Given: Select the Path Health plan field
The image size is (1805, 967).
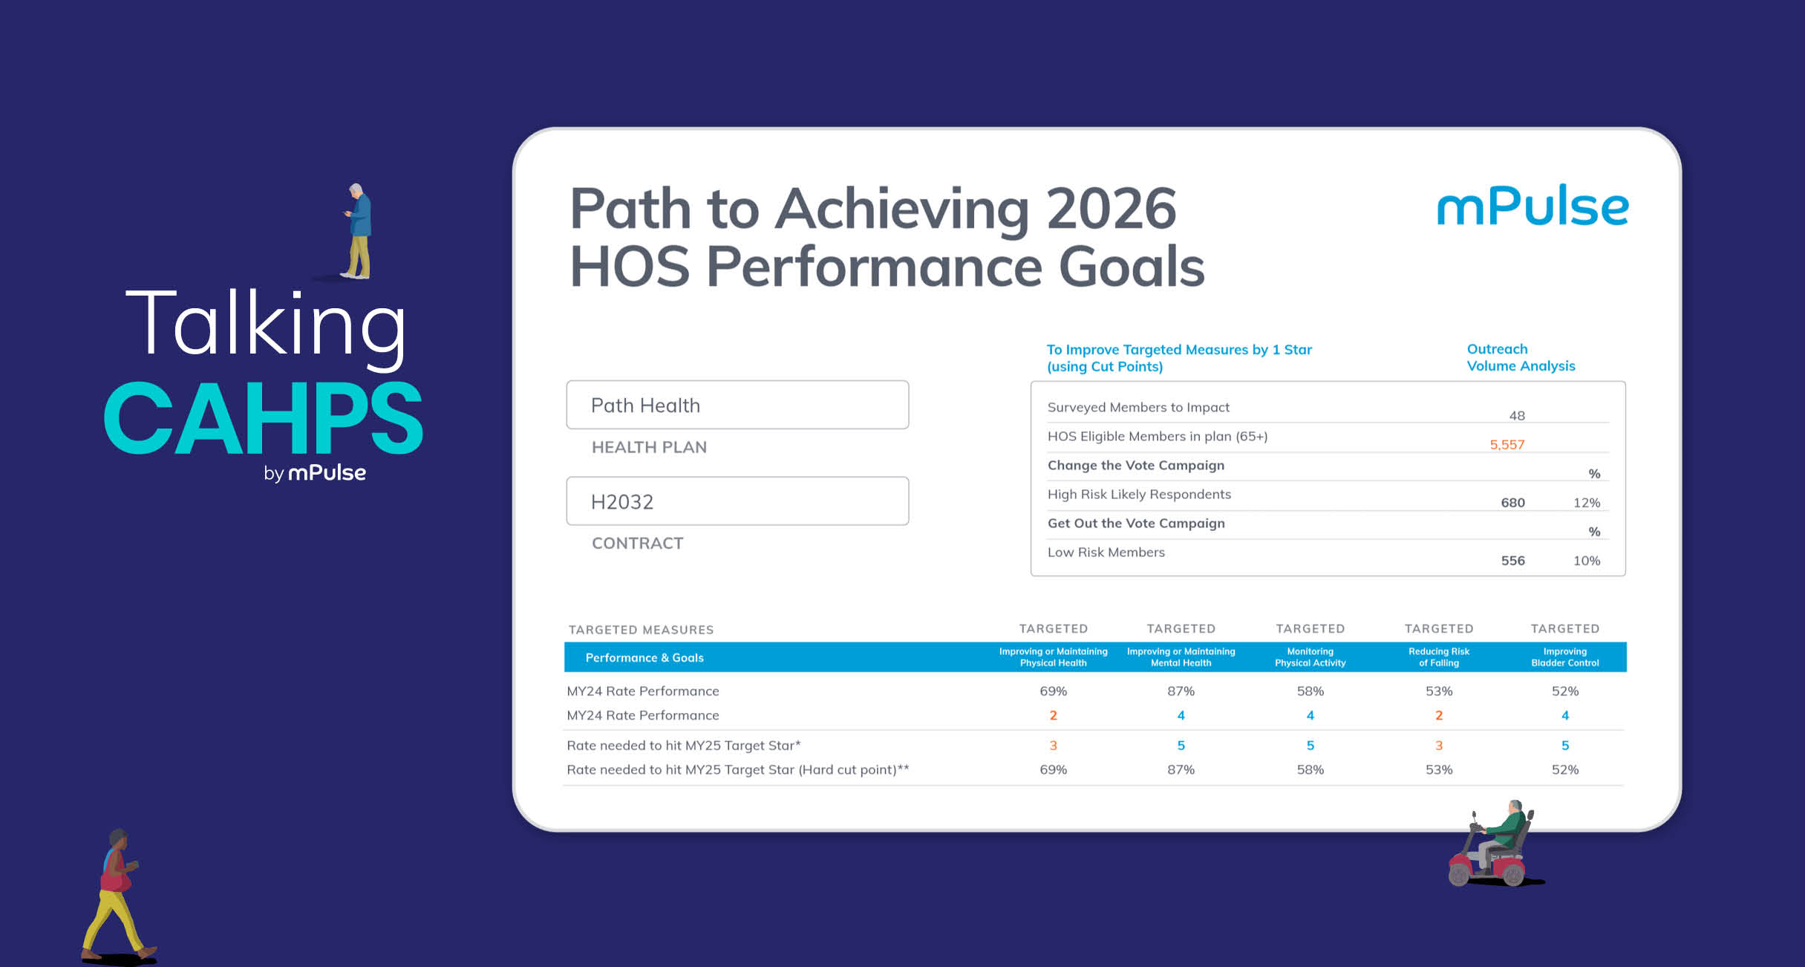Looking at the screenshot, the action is click(x=737, y=405).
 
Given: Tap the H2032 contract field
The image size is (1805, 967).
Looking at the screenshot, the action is click(x=737, y=501).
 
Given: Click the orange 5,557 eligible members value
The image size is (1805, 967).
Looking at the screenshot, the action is click(x=1507, y=445).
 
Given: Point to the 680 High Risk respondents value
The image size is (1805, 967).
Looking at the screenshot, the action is click(x=1512, y=503).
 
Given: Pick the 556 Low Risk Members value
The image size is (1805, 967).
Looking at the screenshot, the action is click(x=1512, y=561).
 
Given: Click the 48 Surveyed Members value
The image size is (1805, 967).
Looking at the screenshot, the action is click(x=1517, y=416).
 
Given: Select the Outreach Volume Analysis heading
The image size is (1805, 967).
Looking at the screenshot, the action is click(x=1521, y=357).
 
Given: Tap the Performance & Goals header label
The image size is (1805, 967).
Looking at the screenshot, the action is click(x=644, y=658).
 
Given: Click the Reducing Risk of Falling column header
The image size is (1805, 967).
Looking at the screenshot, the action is click(x=1439, y=657).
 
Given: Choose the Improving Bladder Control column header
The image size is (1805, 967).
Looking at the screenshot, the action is click(x=1565, y=657).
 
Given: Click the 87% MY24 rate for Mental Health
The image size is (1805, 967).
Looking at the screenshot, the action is click(x=1181, y=691).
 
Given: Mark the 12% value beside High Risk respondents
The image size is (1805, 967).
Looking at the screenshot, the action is click(x=1587, y=503).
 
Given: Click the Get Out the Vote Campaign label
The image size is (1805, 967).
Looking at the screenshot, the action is click(x=1136, y=524).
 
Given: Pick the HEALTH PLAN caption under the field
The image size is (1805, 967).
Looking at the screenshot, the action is click(x=649, y=447).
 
